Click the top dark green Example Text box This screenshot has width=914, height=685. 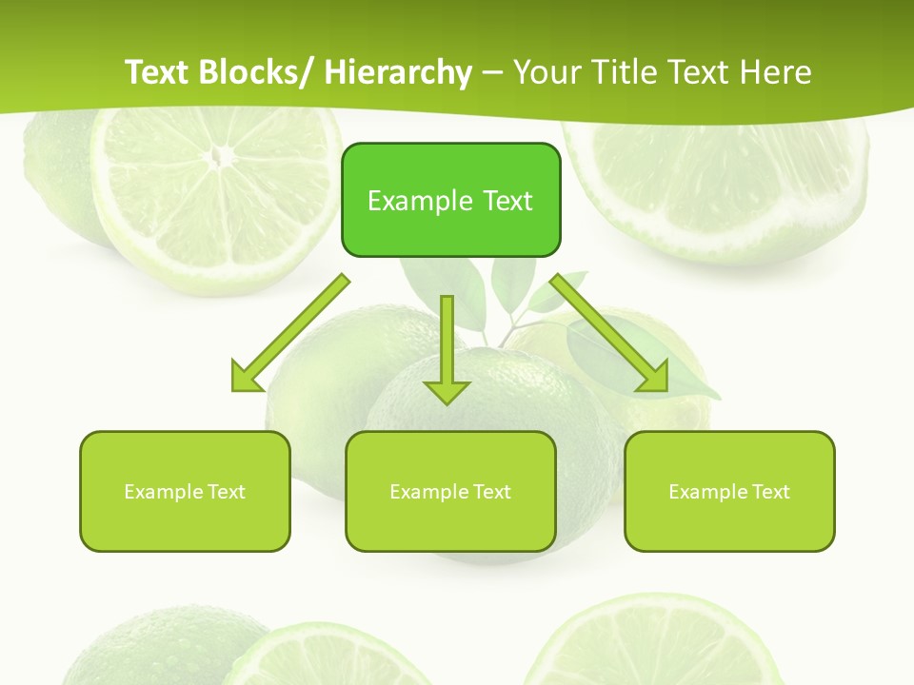pyautogui.click(x=450, y=200)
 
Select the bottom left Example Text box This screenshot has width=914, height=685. pyautogui.click(x=185, y=491)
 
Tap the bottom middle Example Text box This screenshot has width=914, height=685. pyautogui.click(x=450, y=491)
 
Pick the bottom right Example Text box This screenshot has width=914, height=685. pyautogui.click(x=729, y=491)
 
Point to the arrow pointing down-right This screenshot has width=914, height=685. pyautogui.click(x=609, y=333)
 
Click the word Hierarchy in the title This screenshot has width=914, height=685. pyautogui.click(x=398, y=72)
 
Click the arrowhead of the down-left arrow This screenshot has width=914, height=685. pyautogui.click(x=246, y=378)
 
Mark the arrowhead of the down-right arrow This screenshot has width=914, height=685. pyautogui.click(x=654, y=377)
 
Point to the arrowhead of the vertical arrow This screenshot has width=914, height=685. pyautogui.click(x=447, y=392)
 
